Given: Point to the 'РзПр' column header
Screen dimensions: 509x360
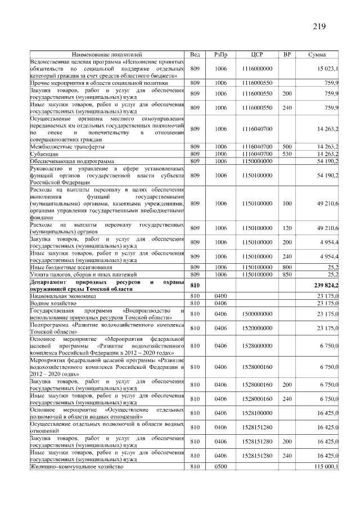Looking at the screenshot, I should tap(220, 55).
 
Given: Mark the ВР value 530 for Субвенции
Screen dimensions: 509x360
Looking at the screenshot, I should tap(287, 154).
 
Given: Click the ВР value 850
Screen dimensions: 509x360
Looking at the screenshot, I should tap(287, 274).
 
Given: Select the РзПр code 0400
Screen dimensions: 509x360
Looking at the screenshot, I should tap(220, 295).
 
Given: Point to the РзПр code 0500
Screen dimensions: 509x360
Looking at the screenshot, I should tap(220, 467).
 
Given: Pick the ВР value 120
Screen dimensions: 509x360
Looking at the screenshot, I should tap(287, 228).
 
